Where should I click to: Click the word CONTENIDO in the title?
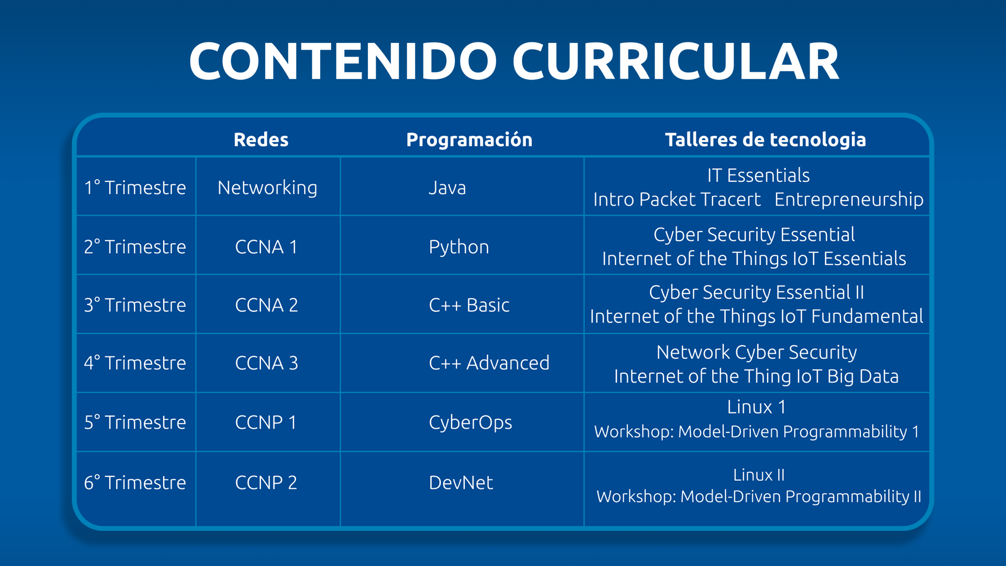pos(343,61)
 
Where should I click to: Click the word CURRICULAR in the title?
pos(676,61)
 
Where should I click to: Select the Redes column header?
pos(261,139)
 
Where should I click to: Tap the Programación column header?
pos(469,139)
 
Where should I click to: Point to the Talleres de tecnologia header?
pos(766,139)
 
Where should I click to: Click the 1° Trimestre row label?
pos(135,187)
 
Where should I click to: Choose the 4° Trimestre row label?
pos(135,363)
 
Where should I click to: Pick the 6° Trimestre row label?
pos(135,482)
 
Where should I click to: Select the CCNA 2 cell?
pos(266,305)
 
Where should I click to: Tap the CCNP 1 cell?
pos(266,422)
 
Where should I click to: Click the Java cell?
pos(447,188)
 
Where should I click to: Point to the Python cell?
pos(459,247)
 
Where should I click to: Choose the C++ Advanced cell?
pos(489,363)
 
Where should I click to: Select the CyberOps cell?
pos(471,423)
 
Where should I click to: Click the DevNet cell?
pos(461,482)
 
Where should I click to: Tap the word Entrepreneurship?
pos(849,200)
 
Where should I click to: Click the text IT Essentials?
pos(758,175)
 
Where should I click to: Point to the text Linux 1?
pos(757,407)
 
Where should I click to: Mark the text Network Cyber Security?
pos(757,353)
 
